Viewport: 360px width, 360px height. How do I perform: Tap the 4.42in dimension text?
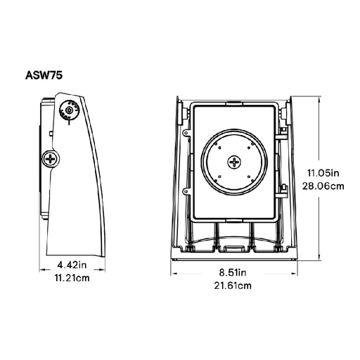tap(72, 265)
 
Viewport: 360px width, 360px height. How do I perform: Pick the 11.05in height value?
tap(326, 172)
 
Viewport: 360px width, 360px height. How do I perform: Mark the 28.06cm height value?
tap(326, 186)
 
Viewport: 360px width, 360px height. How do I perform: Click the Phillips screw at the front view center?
tap(234, 162)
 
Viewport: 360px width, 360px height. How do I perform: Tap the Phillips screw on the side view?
tap(51, 160)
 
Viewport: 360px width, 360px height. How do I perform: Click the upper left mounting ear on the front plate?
tap(186, 132)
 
